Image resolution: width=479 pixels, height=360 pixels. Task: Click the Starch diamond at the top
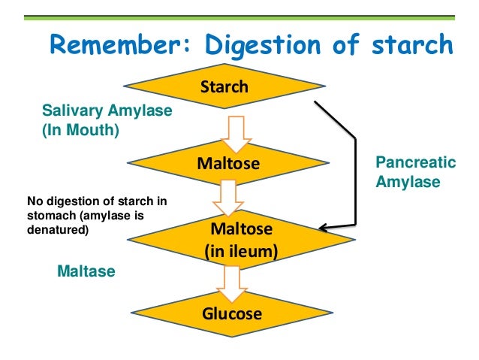pyautogui.click(x=224, y=87)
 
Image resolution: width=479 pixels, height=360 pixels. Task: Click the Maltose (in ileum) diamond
pyautogui.click(x=241, y=239)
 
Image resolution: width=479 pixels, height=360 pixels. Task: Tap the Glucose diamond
pyautogui.click(x=231, y=313)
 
